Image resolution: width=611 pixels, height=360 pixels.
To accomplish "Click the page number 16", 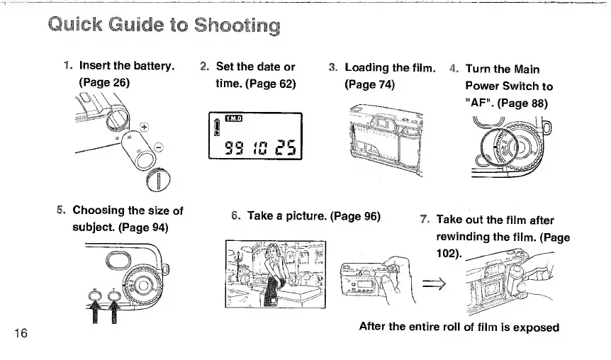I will (x=20, y=334).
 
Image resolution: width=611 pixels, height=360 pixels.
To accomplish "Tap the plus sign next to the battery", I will (x=145, y=127).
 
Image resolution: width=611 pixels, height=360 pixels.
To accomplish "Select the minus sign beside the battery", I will (x=158, y=147).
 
